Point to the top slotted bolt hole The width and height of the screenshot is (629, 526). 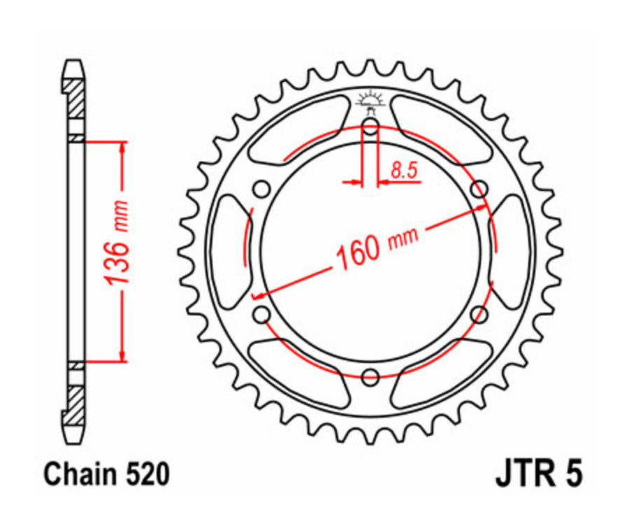[370, 127]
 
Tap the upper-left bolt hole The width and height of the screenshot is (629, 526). [262, 190]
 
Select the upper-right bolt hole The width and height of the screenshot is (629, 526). [479, 190]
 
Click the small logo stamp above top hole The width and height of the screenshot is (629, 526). [370, 100]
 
